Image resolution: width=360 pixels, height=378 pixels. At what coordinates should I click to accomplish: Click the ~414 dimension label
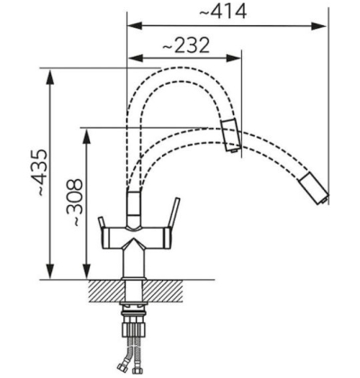[x=223, y=12]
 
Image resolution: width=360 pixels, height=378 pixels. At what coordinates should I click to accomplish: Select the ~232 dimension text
[x=185, y=46]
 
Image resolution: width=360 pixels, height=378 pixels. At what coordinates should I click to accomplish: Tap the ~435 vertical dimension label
[x=40, y=173]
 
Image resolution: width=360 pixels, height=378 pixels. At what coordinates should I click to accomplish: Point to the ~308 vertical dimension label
[x=74, y=202]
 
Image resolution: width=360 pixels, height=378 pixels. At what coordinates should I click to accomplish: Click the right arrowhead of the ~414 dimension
[x=319, y=26]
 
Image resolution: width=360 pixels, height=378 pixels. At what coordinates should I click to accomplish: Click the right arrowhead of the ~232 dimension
[x=233, y=58]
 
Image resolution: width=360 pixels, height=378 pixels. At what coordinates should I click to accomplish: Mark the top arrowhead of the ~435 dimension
[x=50, y=77]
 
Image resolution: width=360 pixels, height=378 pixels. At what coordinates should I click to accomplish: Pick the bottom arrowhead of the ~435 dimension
[x=50, y=272]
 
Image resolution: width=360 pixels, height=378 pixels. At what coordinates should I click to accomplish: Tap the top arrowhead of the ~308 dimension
[x=87, y=137]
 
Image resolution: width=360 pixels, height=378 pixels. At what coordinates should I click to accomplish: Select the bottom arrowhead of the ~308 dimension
[x=87, y=272]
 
